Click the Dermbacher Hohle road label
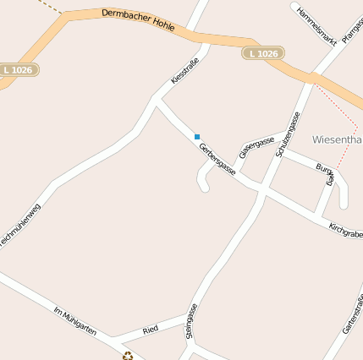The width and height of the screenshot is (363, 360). (x=138, y=21)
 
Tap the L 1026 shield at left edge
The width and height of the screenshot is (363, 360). (x=18, y=70)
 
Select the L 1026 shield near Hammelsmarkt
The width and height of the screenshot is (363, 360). (x=263, y=54)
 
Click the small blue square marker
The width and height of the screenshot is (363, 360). (x=197, y=136)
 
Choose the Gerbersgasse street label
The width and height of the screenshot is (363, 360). (x=217, y=159)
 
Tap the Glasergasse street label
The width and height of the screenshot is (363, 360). (x=256, y=146)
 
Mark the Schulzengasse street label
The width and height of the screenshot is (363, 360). (x=289, y=135)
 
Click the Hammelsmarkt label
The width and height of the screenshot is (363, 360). (x=317, y=25)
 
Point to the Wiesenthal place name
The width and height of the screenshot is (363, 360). (x=337, y=139)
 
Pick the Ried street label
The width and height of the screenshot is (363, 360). (x=151, y=329)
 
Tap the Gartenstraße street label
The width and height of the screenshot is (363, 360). (x=352, y=314)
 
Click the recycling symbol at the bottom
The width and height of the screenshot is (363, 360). (x=128, y=356)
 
